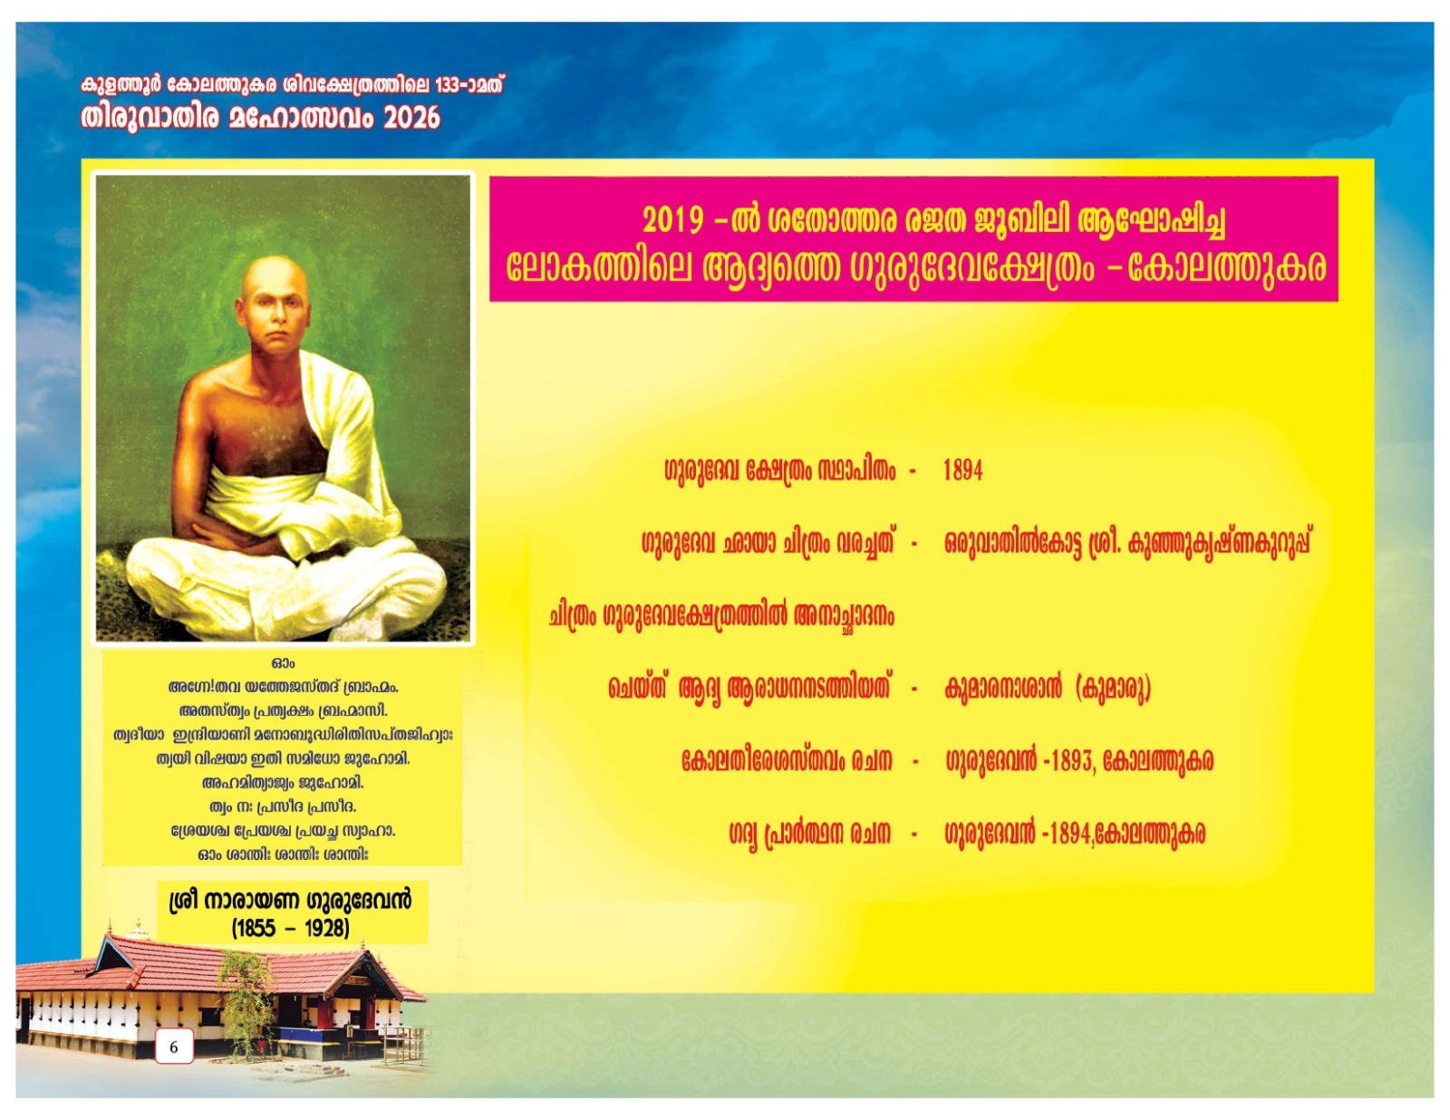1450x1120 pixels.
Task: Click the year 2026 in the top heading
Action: (411, 118)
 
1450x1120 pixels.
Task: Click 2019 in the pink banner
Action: (672, 220)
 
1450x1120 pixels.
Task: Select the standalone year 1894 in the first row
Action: (962, 469)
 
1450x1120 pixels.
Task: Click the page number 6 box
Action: (174, 1047)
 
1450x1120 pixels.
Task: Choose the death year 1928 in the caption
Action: (326, 927)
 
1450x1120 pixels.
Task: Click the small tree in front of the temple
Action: (246, 997)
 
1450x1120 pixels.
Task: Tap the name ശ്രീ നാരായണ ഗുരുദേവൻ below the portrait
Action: (290, 901)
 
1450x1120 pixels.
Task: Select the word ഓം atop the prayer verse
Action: (283, 663)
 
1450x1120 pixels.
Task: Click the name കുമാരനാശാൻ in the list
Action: (1002, 688)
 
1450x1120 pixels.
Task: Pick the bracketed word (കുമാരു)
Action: (1112, 688)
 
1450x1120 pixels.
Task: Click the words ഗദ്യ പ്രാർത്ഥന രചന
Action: (809, 833)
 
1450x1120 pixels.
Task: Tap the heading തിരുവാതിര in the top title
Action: (150, 118)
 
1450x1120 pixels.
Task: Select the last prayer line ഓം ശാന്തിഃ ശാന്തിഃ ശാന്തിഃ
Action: (283, 854)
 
